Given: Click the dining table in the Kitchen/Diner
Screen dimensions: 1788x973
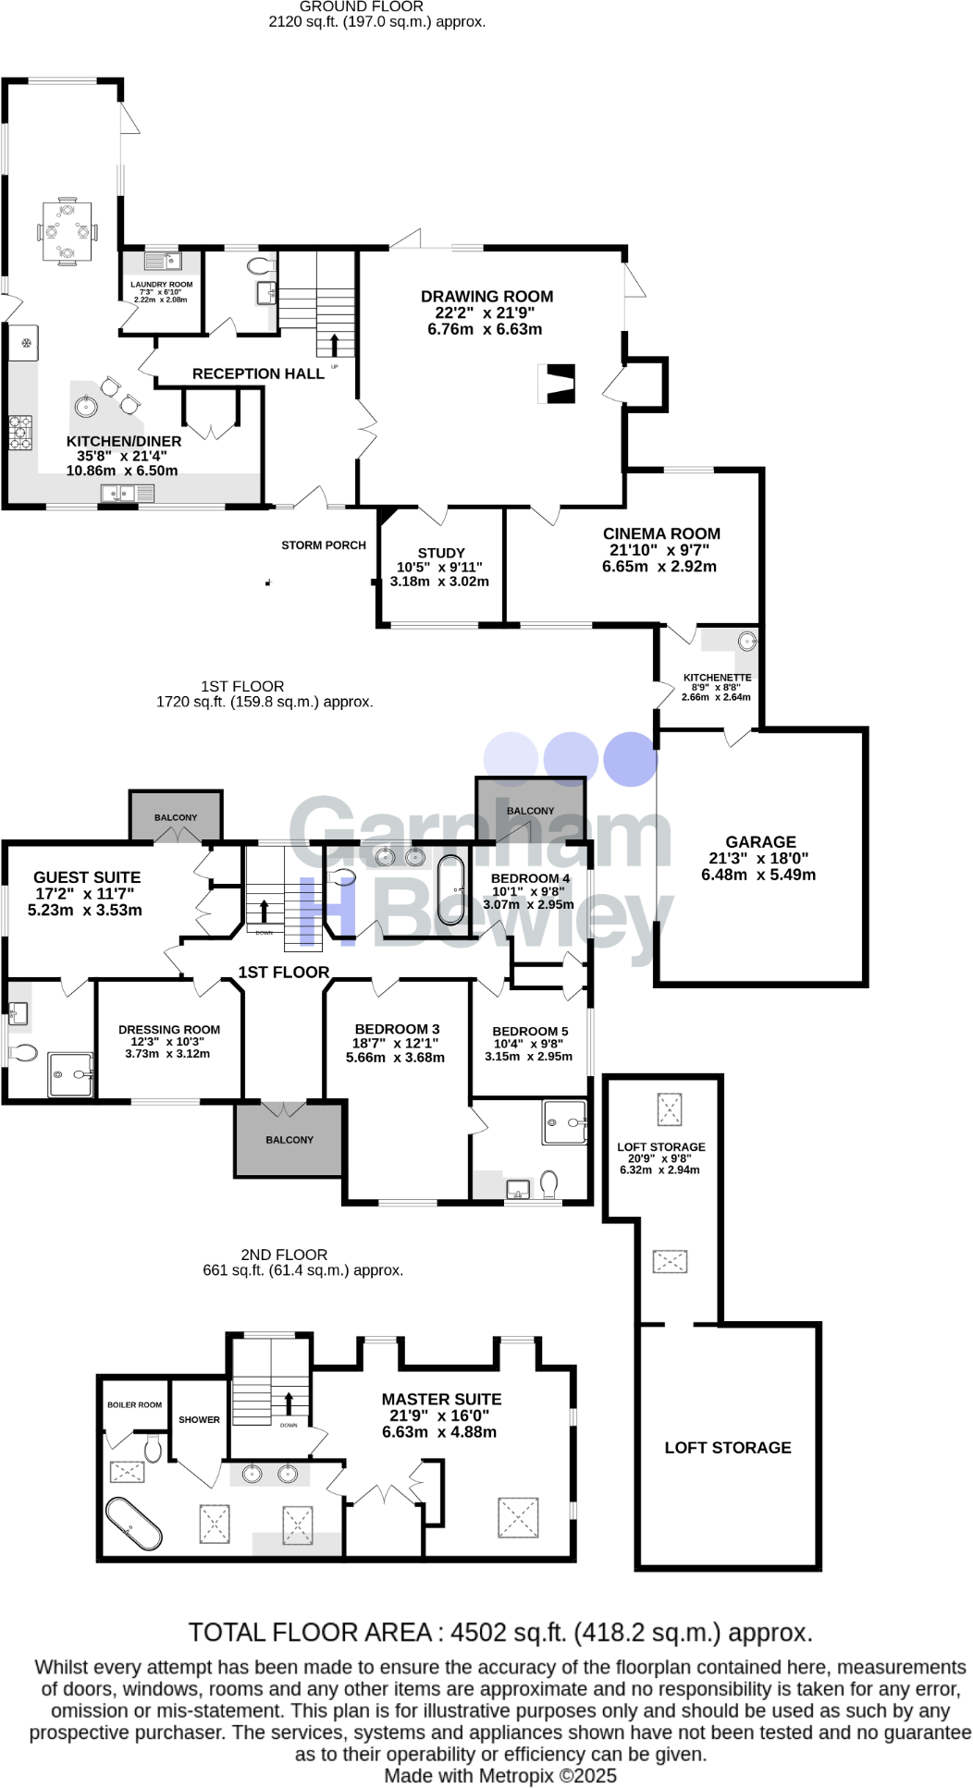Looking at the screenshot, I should click(68, 230).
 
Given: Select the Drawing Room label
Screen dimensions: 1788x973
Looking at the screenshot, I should click(486, 297).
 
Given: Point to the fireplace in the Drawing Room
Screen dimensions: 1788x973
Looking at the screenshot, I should click(559, 383).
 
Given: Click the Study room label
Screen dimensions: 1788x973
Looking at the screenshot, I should click(441, 553).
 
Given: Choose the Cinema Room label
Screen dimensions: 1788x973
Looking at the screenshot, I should click(661, 534).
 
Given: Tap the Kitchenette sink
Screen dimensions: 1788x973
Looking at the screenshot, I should click(746, 641).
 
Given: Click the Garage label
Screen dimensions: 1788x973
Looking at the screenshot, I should click(760, 842).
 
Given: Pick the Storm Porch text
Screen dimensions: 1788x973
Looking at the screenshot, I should click(324, 545).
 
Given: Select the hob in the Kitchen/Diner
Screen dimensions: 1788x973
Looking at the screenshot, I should click(20, 432).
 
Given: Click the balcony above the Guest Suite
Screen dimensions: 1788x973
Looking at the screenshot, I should click(176, 816).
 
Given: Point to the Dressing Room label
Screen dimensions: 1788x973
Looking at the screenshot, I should click(169, 1030).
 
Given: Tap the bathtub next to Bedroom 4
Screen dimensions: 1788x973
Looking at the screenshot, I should click(451, 886).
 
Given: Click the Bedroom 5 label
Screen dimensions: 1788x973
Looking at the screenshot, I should click(530, 1032).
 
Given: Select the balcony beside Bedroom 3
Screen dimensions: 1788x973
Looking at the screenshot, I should click(289, 1140).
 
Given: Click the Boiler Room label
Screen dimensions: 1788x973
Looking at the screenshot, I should click(134, 1405).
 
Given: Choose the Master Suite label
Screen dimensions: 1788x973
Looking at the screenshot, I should click(441, 1400).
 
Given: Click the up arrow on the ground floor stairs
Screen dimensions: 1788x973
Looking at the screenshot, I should click(335, 344).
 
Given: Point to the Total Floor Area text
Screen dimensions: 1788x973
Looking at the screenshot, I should click(499, 1633).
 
